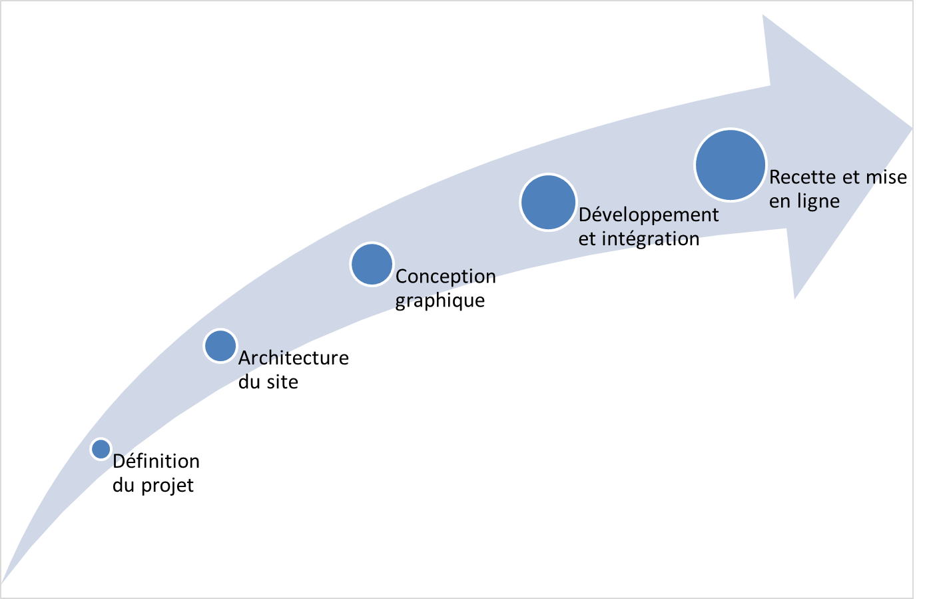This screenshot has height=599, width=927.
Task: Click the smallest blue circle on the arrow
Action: click(101, 449)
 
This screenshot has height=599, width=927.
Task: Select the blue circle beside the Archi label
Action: click(220, 346)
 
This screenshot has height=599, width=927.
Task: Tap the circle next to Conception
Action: click(372, 265)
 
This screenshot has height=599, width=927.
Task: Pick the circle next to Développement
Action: click(548, 203)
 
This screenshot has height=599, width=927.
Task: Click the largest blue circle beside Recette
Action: click(730, 165)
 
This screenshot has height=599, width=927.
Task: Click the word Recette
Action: click(802, 177)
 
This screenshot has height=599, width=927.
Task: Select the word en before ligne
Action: click(778, 201)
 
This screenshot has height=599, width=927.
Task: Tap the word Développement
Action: click(649, 215)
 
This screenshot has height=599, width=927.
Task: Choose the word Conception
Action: click(446, 276)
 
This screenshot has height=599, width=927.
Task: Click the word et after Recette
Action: click(850, 177)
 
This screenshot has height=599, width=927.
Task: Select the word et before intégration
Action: click(587, 239)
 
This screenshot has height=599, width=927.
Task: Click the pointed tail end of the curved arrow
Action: click(3, 580)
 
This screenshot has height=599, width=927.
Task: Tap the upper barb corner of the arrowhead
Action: click(764, 16)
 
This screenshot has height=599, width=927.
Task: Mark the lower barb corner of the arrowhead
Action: click(794, 299)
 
